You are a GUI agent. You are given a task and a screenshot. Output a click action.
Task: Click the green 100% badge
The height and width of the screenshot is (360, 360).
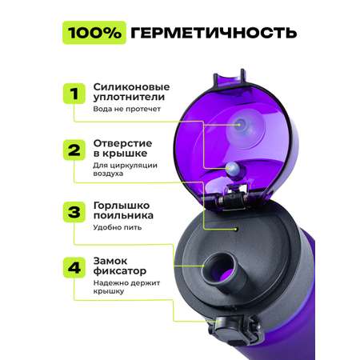(x=94, y=33)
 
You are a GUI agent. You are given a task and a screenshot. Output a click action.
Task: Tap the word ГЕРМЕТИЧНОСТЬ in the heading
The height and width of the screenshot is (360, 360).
(x=214, y=33)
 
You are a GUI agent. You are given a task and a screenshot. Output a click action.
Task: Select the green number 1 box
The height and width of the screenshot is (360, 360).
(x=74, y=94)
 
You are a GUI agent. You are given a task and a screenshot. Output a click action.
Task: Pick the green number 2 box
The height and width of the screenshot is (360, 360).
(x=74, y=150)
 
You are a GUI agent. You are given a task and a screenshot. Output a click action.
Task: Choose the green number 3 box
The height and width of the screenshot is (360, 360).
(x=74, y=212)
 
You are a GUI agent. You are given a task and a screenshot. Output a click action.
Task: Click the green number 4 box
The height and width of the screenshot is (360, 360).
(x=74, y=267)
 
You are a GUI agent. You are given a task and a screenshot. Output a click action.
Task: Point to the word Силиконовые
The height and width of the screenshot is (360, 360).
(x=131, y=87)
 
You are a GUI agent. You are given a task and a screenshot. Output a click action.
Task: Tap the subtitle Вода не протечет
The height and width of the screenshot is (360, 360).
(x=126, y=109)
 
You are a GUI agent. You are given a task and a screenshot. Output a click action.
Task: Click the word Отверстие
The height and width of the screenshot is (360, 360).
(x=122, y=143)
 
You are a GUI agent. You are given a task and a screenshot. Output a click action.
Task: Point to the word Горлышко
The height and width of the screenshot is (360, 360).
(x=122, y=206)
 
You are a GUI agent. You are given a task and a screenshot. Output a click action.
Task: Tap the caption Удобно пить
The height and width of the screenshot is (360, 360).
(x=118, y=227)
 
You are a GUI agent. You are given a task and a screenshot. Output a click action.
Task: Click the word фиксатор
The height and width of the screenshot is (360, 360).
(x=120, y=271)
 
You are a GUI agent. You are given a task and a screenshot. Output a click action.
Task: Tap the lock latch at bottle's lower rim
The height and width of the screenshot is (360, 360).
(x=234, y=329)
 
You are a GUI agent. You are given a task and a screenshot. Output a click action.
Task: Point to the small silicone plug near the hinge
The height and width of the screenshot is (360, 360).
(x=233, y=170)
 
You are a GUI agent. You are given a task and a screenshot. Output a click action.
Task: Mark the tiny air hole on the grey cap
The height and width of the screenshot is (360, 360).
(x=236, y=229)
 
